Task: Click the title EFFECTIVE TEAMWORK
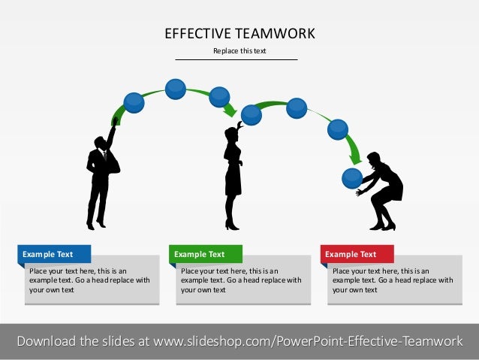239,33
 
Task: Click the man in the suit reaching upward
100,177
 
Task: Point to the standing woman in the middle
233,177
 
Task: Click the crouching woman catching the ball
383,192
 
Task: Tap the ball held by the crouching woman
352,178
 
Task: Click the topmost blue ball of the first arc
175,89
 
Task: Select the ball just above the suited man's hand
134,102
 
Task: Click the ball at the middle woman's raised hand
252,115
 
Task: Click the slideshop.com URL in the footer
308,341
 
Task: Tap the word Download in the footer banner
46,341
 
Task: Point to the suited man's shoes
95,225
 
